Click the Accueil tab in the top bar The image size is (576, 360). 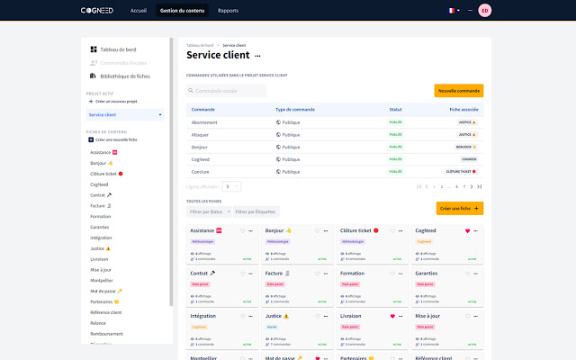click(139, 11)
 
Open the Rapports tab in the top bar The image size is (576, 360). click(228, 11)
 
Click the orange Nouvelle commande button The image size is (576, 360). click(459, 91)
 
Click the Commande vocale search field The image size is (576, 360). click(227, 91)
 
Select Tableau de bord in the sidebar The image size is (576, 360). click(118, 49)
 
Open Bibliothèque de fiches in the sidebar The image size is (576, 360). click(125, 76)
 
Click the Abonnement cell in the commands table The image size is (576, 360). click(205, 121)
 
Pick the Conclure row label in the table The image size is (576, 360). click(200, 170)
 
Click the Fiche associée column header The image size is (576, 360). click(463, 109)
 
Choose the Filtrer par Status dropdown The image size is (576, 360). click(207, 211)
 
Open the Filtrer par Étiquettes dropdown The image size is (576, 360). click(256, 211)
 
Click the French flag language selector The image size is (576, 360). click(454, 11)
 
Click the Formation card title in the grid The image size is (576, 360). click(353, 274)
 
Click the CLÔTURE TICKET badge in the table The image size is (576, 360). click(461, 170)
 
